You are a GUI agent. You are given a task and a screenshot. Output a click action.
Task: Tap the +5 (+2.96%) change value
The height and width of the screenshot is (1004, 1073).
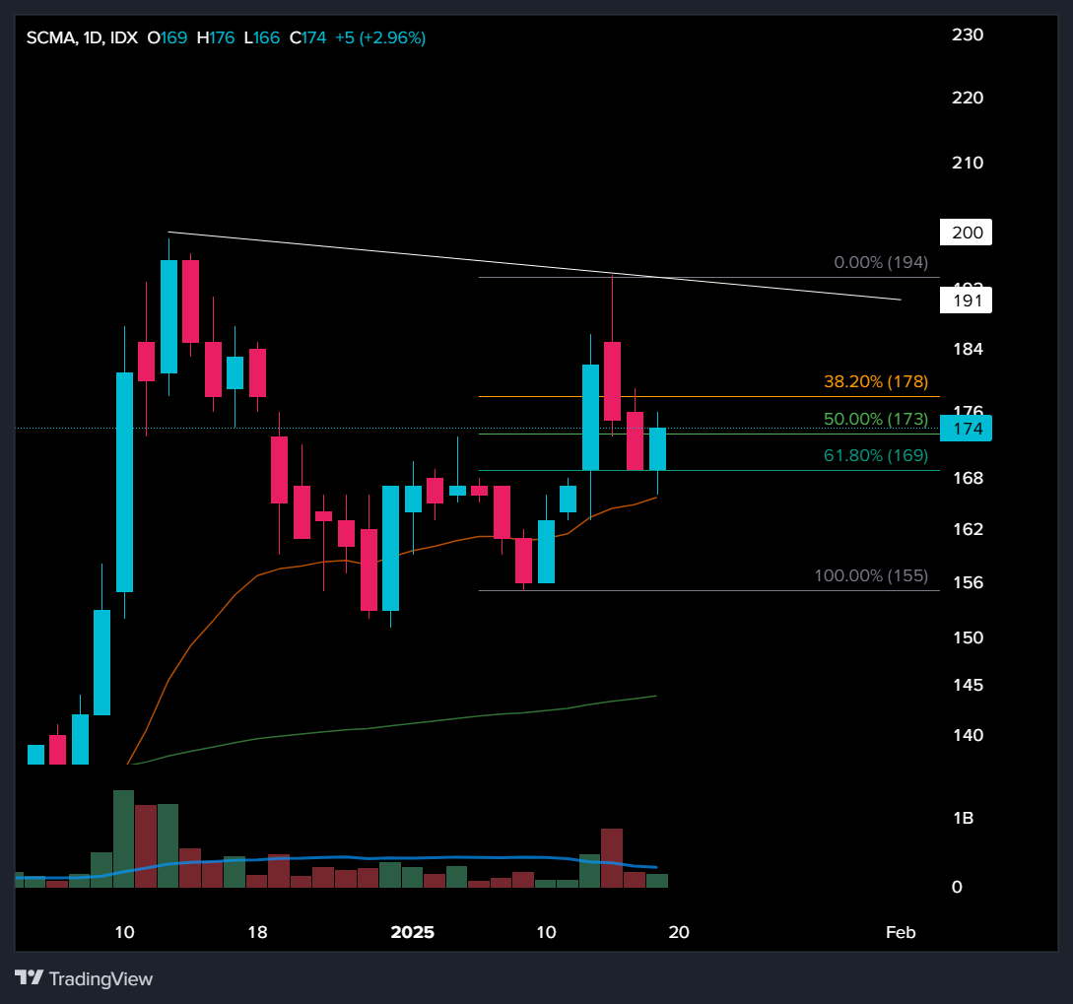pos(380,38)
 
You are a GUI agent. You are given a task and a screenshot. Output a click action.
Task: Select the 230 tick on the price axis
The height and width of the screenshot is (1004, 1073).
pos(968,34)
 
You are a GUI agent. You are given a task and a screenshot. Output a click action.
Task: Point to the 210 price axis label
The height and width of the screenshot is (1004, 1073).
pos(968,163)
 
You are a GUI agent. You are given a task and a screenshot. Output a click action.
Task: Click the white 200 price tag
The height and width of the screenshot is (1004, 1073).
pos(966,234)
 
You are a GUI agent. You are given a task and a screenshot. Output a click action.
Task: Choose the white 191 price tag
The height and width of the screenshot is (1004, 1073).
pos(966,301)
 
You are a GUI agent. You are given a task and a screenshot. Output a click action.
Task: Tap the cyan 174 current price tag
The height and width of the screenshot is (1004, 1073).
pos(966,429)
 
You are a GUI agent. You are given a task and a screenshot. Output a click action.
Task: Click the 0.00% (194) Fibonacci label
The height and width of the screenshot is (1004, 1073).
pos(880,263)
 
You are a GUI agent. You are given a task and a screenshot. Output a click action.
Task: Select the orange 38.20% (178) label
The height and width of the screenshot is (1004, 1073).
pos(875,381)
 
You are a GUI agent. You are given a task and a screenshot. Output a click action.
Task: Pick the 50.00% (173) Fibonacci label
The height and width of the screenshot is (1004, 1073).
pos(875,419)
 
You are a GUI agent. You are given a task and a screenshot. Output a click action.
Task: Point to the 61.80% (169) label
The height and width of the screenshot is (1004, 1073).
pos(875,455)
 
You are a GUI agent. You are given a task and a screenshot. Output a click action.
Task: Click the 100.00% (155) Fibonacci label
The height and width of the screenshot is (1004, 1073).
pos(870,575)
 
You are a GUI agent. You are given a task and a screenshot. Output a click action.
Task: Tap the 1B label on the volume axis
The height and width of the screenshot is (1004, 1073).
pos(963,818)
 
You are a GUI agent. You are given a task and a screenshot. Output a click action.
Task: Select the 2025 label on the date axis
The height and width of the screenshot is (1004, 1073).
pos(413,932)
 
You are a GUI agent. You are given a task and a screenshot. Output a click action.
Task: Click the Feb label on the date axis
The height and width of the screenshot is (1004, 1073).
pos(901,932)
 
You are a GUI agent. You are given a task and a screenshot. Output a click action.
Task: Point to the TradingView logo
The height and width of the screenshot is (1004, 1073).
pos(84,978)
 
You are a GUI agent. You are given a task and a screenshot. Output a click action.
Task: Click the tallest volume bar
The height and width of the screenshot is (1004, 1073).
pos(123,838)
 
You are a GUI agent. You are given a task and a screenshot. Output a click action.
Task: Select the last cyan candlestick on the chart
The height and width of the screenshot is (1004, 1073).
pos(657,448)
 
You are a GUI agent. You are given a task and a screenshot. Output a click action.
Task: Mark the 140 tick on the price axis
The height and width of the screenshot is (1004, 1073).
pos(968,735)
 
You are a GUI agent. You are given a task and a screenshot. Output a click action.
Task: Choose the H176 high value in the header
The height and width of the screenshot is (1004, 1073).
pos(216,38)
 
